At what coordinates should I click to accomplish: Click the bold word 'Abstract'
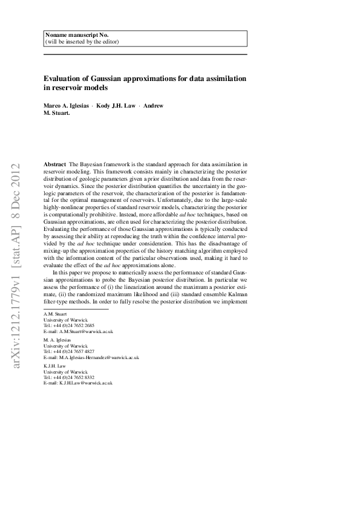click(55, 164)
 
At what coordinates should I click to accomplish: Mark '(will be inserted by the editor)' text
click(82, 42)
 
